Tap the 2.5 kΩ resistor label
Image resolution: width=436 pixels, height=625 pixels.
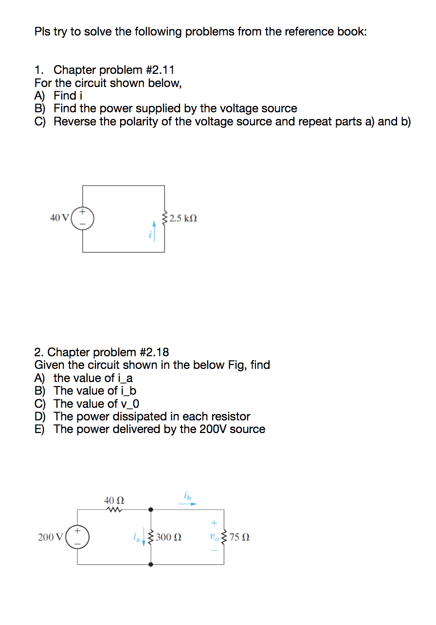pyautogui.click(x=183, y=218)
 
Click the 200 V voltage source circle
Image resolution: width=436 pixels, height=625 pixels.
pyautogui.click(x=77, y=537)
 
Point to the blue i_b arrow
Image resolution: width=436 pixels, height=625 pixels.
pyautogui.click(x=187, y=504)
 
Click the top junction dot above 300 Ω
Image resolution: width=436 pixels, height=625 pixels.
pyautogui.click(x=151, y=509)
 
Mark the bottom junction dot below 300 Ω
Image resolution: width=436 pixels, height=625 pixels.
pyautogui.click(x=151, y=565)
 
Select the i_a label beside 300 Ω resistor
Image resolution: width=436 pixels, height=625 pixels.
pyautogui.click(x=137, y=537)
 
